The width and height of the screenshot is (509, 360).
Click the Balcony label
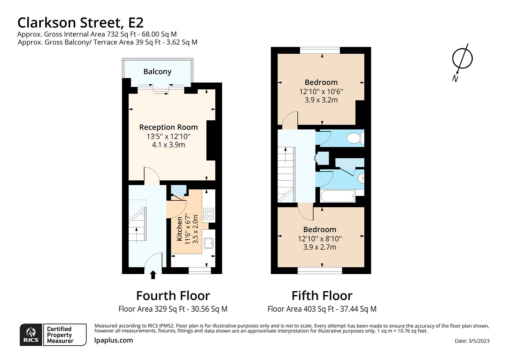[x=157, y=72]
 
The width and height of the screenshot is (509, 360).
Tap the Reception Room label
[x=168, y=127]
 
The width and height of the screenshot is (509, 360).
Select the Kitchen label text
[x=180, y=229]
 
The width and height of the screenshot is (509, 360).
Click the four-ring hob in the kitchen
[x=209, y=214]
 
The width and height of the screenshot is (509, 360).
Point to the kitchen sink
[x=209, y=243]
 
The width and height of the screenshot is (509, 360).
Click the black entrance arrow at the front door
[x=153, y=275]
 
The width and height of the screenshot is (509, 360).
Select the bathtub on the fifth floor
[x=337, y=196]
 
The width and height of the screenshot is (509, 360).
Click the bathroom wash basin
[x=360, y=178]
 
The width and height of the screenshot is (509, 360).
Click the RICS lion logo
[x=31, y=335]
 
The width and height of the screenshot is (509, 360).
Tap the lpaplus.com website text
[x=113, y=340]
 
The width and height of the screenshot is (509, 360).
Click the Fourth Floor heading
[x=173, y=296]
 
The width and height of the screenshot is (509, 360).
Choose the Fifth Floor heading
[x=322, y=296]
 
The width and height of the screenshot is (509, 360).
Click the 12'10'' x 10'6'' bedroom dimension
[x=321, y=92]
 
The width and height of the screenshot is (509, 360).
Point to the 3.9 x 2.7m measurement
[x=320, y=247]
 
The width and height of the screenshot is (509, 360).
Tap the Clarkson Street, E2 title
[x=80, y=23]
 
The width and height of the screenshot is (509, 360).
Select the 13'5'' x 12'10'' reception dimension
[x=168, y=136]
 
